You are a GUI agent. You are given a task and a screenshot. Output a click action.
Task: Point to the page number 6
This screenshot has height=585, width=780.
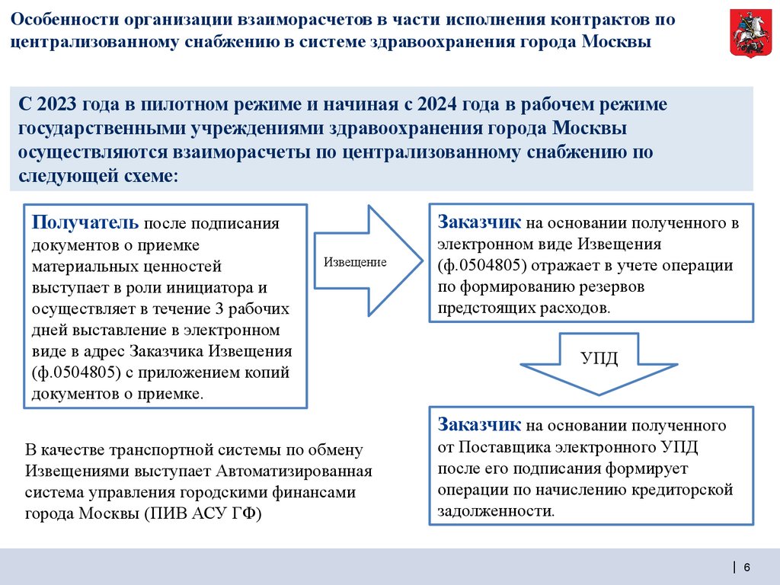747,566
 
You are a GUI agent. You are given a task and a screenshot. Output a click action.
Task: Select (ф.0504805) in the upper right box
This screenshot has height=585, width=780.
484,265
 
